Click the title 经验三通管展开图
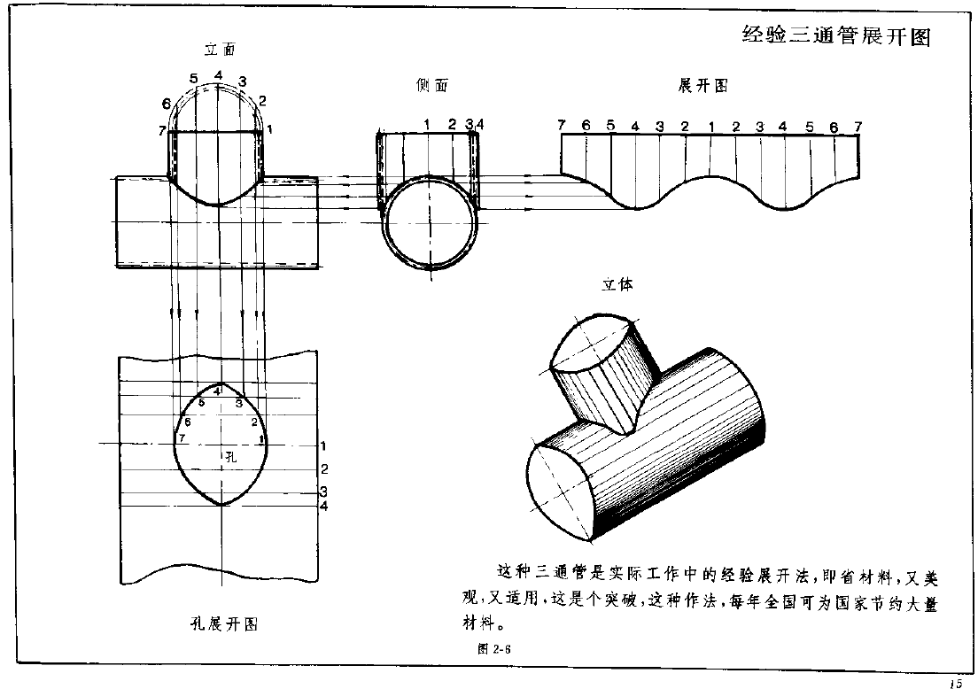[836, 36]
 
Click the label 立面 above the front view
[219, 50]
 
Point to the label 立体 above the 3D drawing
[617, 285]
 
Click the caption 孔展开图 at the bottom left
[218, 624]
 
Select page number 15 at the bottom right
[954, 682]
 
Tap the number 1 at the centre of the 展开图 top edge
[710, 127]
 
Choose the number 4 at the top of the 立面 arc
[218, 74]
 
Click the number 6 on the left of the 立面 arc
[167, 104]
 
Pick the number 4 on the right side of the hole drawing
[324, 506]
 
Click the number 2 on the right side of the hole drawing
[324, 468]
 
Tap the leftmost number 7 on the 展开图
[562, 125]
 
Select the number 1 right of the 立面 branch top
[268, 129]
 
